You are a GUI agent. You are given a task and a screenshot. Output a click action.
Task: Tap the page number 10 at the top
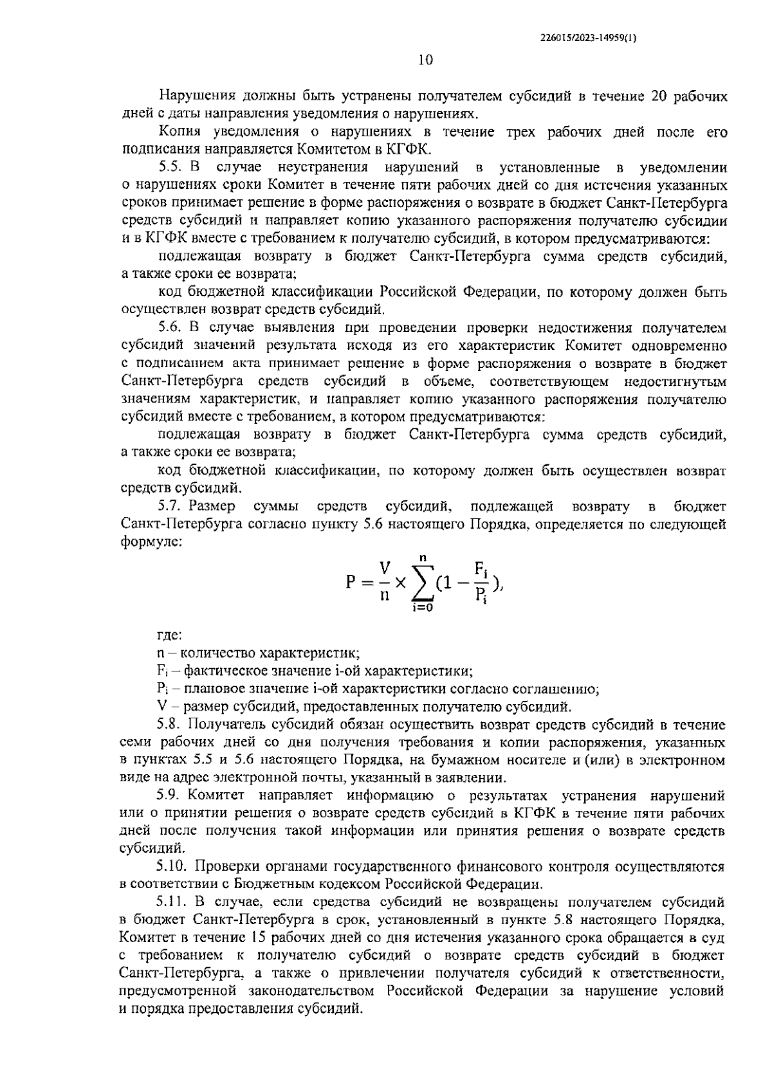point(426,60)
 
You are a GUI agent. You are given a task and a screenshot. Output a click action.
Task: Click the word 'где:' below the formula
point(170,635)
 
